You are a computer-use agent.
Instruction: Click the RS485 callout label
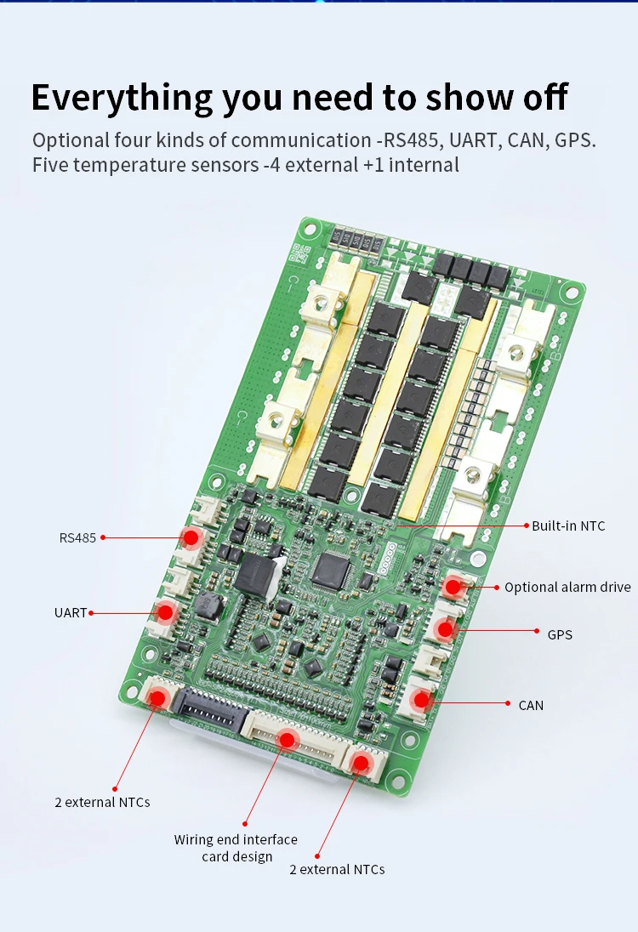pos(77,538)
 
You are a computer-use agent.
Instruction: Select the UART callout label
pos(70,613)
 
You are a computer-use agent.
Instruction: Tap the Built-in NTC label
pos(568,526)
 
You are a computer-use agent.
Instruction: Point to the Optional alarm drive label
pos(568,588)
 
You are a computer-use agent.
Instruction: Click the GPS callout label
pos(560,635)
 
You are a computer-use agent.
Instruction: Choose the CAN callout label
pos(531,706)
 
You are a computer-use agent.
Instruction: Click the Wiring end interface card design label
pos(236,848)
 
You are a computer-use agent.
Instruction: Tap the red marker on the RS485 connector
pos(191,538)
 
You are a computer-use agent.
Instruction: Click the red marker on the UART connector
pos(166,611)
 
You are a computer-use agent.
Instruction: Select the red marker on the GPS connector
pos(446,629)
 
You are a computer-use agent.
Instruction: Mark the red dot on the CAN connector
pos(422,700)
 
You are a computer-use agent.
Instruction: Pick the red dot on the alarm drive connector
pos(453,588)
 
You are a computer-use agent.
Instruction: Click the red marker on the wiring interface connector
pos(288,740)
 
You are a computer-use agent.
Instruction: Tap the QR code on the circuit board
pos(299,254)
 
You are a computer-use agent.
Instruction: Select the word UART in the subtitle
pos(473,140)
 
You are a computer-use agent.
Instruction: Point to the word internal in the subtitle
pos(424,165)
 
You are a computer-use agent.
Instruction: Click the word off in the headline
pos(545,97)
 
